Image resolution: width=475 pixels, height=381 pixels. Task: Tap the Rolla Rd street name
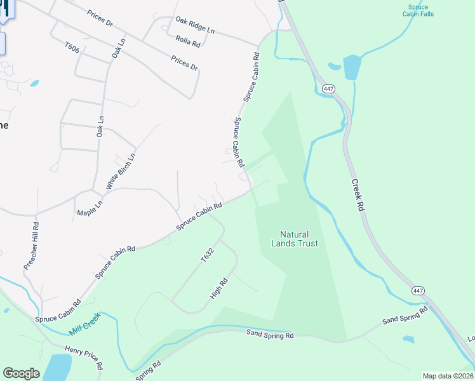pyautogui.click(x=188, y=41)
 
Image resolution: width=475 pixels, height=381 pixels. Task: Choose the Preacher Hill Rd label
pyautogui.click(x=32, y=246)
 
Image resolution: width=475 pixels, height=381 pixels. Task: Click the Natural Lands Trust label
pyautogui.click(x=294, y=239)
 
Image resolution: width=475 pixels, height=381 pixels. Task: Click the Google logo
pyautogui.click(x=21, y=373)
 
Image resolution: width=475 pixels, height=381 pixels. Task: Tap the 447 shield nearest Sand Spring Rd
pyautogui.click(x=417, y=291)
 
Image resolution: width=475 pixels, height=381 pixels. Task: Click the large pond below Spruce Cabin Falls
pyautogui.click(x=351, y=67)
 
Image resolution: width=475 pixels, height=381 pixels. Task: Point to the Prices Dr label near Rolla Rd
pyautogui.click(x=184, y=63)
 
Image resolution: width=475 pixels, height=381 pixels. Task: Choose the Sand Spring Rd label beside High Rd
pyautogui.click(x=270, y=333)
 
